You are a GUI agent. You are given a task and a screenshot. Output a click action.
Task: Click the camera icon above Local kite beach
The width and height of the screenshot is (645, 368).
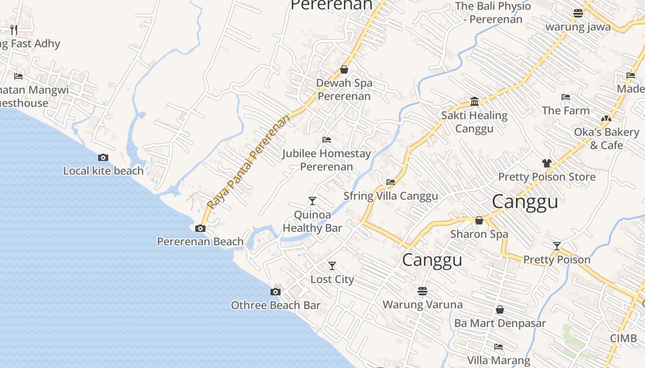pyautogui.click(x=103, y=157)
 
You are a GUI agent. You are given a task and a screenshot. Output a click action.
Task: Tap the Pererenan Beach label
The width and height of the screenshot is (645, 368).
pyautogui.click(x=200, y=241)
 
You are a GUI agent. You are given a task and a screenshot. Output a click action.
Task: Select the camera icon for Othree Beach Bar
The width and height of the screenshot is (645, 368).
pyautogui.click(x=276, y=292)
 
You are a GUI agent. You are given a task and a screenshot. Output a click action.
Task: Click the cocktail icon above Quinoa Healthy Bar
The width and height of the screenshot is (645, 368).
pyautogui.click(x=312, y=201)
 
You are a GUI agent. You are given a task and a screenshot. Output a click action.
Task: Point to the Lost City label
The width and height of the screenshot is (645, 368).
pyautogui.click(x=332, y=279)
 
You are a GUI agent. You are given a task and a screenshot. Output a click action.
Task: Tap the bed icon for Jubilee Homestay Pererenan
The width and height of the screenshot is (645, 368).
pyautogui.click(x=327, y=139)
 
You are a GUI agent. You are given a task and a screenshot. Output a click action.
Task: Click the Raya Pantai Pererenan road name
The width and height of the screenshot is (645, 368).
pyautogui.click(x=249, y=161)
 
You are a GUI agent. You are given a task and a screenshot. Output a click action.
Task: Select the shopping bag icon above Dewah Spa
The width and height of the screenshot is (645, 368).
pyautogui.click(x=344, y=69)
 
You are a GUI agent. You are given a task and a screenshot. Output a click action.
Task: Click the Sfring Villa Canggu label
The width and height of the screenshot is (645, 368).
pyautogui.click(x=391, y=196)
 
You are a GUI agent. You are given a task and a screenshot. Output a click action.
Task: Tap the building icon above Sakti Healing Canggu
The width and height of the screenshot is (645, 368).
pyautogui.click(x=475, y=101)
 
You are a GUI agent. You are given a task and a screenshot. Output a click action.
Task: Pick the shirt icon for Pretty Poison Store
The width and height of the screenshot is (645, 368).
pyautogui.click(x=547, y=163)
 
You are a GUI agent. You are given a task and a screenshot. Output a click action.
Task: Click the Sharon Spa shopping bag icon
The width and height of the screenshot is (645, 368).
pyautogui.click(x=479, y=220)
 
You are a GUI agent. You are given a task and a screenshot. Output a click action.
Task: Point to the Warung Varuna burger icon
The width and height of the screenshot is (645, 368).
pyautogui.click(x=422, y=291)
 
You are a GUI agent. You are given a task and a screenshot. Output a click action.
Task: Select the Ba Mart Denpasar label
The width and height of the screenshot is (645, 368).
pyautogui.click(x=500, y=323)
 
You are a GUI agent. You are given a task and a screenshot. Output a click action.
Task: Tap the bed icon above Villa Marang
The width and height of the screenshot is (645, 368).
pyautogui.click(x=498, y=346)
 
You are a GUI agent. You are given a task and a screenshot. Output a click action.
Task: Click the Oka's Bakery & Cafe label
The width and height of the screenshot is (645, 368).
pyautogui.click(x=606, y=138)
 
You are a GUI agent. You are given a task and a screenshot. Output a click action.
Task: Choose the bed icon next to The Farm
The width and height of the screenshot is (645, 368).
pyautogui.click(x=566, y=97)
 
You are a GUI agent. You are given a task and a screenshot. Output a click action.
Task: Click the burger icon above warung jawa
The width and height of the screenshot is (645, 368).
pyautogui.click(x=578, y=13)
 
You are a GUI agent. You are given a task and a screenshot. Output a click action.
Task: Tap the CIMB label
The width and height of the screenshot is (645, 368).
pyautogui.click(x=623, y=339)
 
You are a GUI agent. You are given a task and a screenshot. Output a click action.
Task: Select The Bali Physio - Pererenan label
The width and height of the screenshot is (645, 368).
pyautogui.click(x=493, y=13)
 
